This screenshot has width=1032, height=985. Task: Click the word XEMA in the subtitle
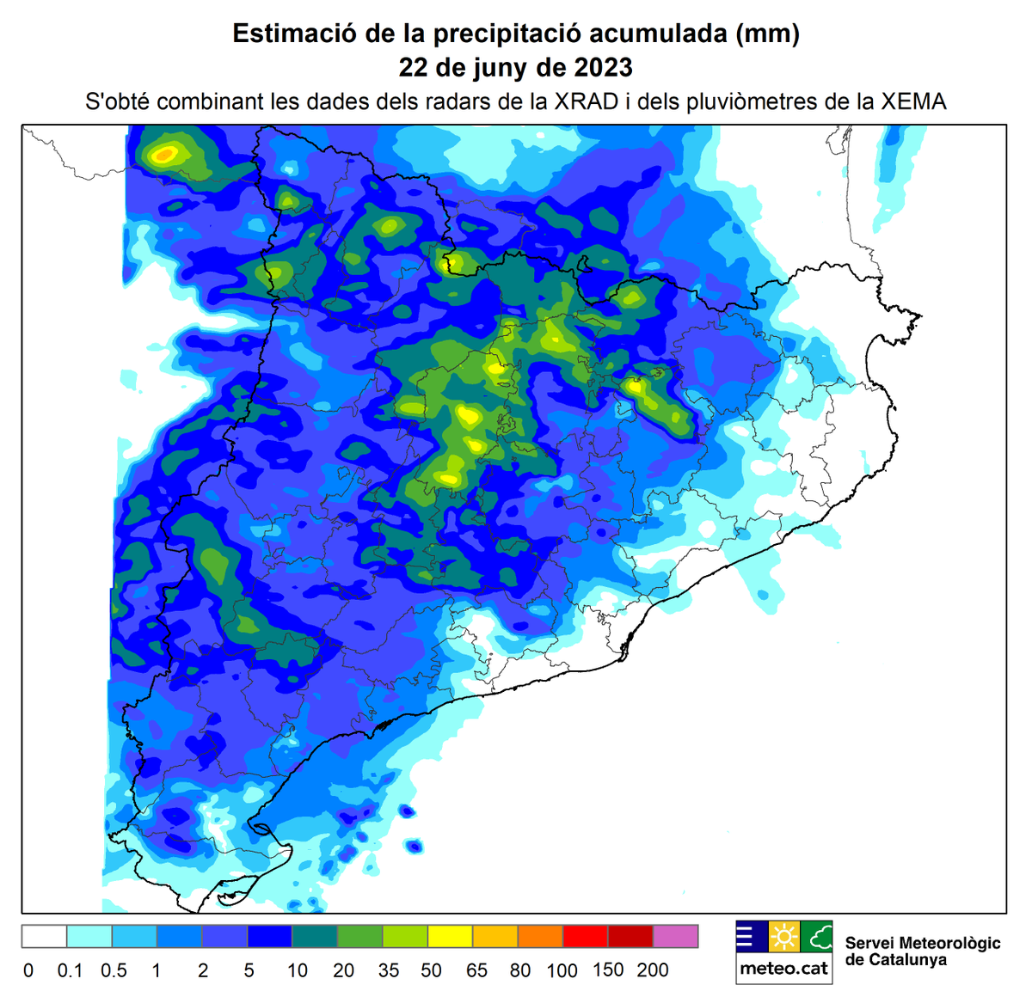coord(913,101)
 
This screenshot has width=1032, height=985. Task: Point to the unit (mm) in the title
coord(767,34)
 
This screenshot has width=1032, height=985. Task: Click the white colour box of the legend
coord(44,936)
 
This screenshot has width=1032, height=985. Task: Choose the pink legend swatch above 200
coord(676,936)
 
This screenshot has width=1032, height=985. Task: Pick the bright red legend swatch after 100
coord(586,936)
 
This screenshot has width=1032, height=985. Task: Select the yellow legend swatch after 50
coord(451,936)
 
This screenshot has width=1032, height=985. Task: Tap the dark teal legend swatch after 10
coord(315,936)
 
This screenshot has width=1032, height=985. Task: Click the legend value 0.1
coord(70,970)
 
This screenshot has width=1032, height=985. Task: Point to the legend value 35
coord(389,970)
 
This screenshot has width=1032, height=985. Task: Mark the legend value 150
coord(608,970)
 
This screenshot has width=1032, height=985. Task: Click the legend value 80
coord(520,970)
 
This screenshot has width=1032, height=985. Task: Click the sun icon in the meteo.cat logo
coord(784,936)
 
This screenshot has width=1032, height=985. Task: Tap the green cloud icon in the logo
coord(817,936)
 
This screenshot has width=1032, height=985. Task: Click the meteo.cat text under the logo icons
coord(784,969)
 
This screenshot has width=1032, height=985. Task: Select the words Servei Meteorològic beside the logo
coord(923,943)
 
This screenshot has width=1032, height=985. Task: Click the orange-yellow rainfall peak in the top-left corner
coord(164,155)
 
